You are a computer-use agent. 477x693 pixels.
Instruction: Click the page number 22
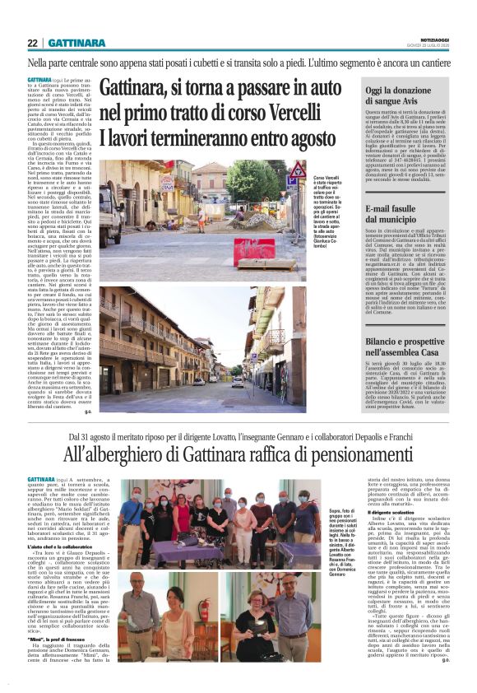pyautogui.click(x=33, y=43)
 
